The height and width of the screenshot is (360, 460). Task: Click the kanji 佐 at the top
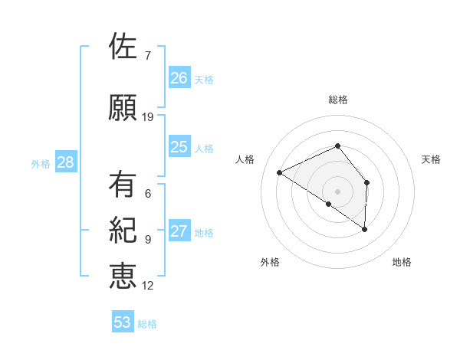[x=123, y=47]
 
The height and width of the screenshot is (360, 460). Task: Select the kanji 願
[x=123, y=108]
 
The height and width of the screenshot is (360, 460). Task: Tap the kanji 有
[x=123, y=185]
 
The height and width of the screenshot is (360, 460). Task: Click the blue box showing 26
[x=179, y=78]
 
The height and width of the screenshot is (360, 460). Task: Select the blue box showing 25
[x=179, y=147]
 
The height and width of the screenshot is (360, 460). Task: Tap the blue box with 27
[x=179, y=232]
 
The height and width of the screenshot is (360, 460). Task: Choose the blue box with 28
[x=65, y=162]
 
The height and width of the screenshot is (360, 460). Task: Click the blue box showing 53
[x=123, y=322]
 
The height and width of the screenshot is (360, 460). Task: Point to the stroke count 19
[x=148, y=117]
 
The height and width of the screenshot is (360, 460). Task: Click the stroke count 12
[x=148, y=286]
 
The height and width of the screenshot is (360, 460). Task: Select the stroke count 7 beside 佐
[x=147, y=56]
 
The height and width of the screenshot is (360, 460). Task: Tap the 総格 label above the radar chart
[x=338, y=100]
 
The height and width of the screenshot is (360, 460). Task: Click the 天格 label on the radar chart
[x=431, y=159]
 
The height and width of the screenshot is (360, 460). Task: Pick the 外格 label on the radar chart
[x=270, y=262]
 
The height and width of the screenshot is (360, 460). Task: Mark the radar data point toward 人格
[x=280, y=172]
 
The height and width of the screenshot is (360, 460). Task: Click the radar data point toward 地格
[x=365, y=229]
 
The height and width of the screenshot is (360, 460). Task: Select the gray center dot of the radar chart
[x=337, y=190]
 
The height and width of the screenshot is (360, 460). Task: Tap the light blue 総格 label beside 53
[x=147, y=324]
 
